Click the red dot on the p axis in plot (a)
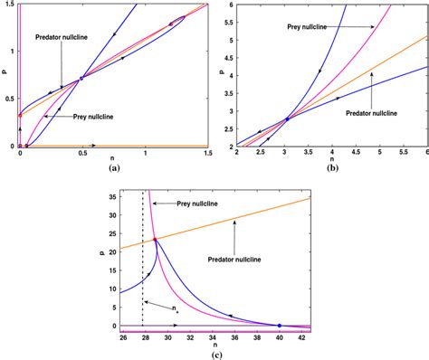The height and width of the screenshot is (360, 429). tap(20, 115)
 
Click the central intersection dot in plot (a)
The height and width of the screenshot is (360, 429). tap(81, 78)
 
